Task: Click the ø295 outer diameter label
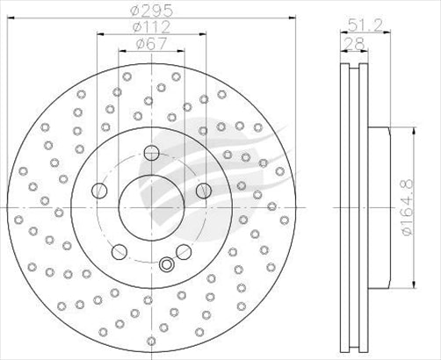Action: pyautogui.click(x=150, y=12)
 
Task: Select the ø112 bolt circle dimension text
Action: pyautogui.click(x=150, y=26)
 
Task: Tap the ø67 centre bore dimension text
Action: pyautogui.click(x=150, y=43)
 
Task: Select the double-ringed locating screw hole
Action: pyautogui.click(x=166, y=263)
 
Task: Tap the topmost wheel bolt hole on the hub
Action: pyautogui.click(x=148, y=149)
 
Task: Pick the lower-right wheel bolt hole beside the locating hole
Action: pyautogui.click(x=183, y=252)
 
